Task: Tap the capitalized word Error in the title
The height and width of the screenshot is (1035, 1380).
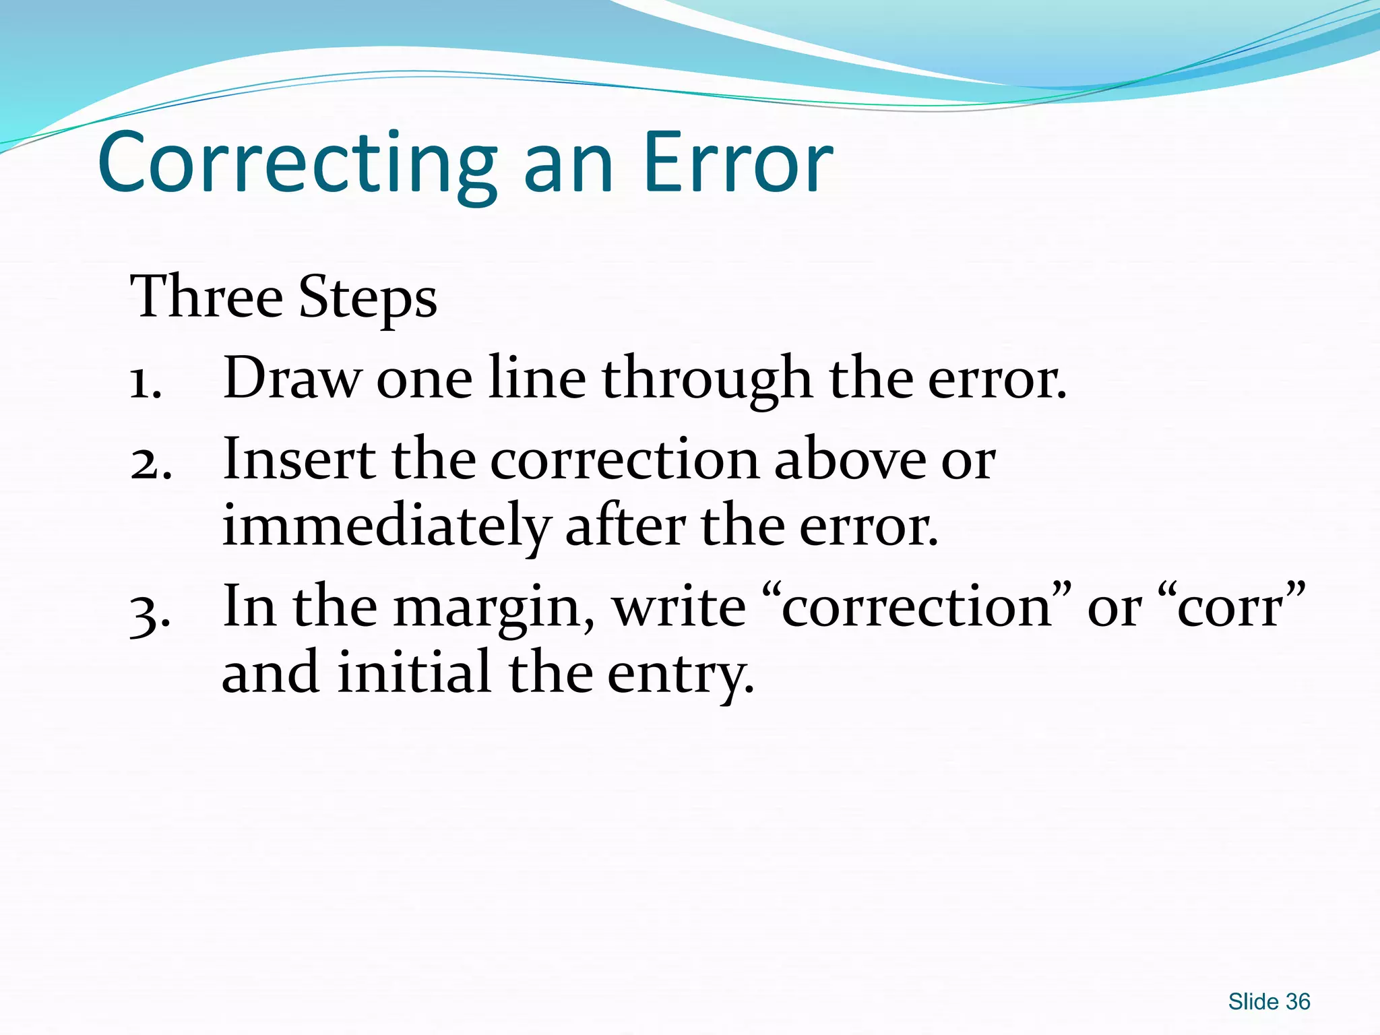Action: point(738,163)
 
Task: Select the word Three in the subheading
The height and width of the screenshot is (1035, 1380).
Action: point(206,296)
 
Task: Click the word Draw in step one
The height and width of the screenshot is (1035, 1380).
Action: point(292,379)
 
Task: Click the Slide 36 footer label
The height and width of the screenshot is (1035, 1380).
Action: point(1269,1002)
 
